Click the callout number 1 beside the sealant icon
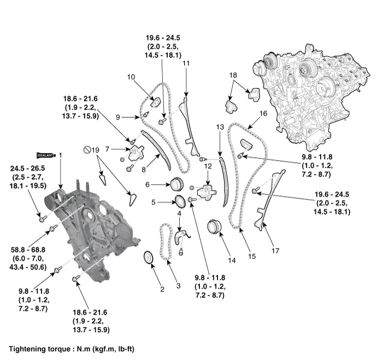click(x=61, y=156)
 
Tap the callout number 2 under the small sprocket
click(x=162, y=289)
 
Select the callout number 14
click(x=232, y=261)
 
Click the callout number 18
click(x=233, y=75)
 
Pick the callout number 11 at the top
click(x=186, y=64)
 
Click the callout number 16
click(x=263, y=114)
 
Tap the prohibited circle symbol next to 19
click(x=86, y=149)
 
